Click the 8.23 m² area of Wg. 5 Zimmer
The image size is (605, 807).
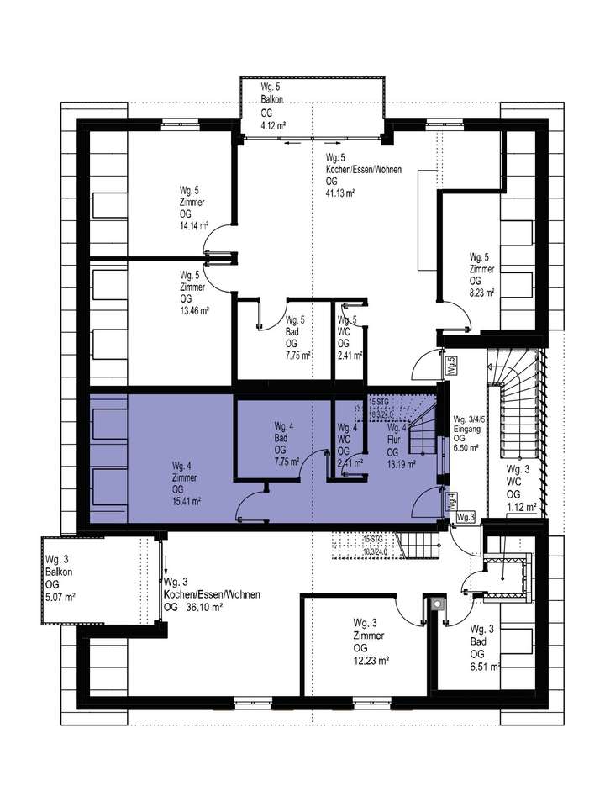pos(481,293)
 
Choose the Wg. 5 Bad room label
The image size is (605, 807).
pos(295,320)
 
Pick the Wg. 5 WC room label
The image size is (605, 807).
pos(348,320)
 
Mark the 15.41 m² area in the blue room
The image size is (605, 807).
pos(187,501)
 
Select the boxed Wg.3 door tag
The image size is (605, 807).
pos(466,517)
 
